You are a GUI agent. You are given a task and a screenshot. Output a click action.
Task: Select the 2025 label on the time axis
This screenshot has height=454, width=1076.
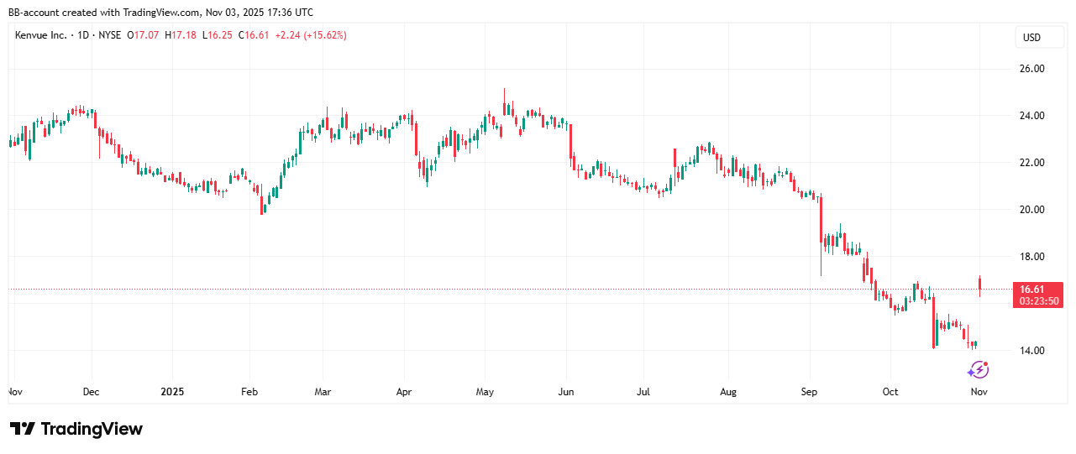click(x=171, y=392)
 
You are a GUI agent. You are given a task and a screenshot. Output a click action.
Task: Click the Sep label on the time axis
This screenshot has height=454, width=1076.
click(x=810, y=392)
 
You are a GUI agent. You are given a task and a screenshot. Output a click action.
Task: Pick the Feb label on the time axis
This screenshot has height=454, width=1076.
click(x=249, y=392)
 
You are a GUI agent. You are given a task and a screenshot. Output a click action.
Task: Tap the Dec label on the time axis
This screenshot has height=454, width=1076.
click(x=92, y=392)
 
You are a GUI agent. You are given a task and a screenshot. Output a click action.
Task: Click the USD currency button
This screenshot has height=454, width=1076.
click(x=1030, y=38)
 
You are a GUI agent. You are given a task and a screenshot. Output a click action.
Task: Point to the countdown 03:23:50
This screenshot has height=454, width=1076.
click(x=1038, y=300)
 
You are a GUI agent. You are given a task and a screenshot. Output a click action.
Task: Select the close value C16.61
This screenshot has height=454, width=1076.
click(x=255, y=35)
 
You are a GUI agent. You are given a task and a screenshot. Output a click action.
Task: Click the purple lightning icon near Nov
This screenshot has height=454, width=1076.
click(x=978, y=369)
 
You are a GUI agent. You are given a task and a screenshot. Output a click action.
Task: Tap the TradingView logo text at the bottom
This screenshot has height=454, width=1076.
click(x=92, y=429)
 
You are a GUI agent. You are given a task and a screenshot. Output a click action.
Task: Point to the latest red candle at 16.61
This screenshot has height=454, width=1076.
click(x=980, y=285)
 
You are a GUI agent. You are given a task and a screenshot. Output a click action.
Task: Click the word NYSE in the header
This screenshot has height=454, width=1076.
click(x=111, y=35)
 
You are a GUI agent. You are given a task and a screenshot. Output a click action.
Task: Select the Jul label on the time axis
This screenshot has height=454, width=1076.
click(x=644, y=392)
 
